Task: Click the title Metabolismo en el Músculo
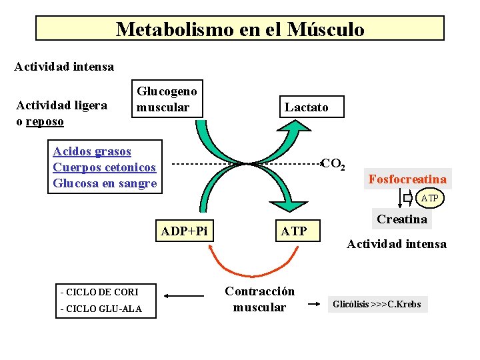[240, 29]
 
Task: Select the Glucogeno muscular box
[167, 99]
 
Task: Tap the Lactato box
[311, 107]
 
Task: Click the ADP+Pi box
[184, 231]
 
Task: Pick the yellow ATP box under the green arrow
[297, 231]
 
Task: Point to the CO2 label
[333, 164]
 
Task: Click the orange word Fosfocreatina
[407, 179]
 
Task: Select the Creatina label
[402, 219]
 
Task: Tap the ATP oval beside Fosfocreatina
[430, 198]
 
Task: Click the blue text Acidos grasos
[92, 151]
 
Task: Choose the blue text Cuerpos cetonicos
[105, 167]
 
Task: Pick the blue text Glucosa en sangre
[105, 183]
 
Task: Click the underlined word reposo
[45, 121]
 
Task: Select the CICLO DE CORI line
[99, 292]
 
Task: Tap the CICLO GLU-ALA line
[101, 309]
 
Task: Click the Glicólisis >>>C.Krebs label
[377, 304]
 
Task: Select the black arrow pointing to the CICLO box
[184, 296]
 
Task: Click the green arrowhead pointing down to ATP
[289, 206]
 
